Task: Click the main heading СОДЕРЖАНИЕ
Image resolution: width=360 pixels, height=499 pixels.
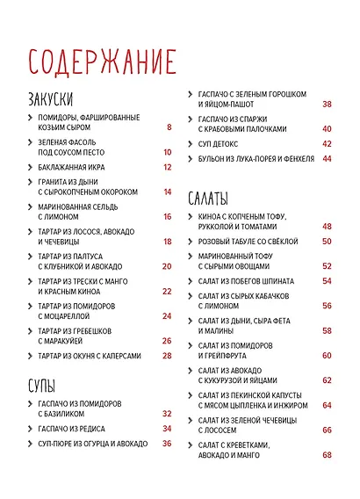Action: click(x=102, y=62)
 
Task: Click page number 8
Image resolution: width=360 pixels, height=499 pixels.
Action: click(x=169, y=128)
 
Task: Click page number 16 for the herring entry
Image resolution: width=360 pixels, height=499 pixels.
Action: click(x=167, y=216)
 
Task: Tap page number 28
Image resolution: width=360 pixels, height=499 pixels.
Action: click(x=167, y=356)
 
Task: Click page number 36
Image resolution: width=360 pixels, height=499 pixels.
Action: click(x=167, y=444)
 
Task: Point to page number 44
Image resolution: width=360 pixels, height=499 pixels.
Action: click(x=327, y=159)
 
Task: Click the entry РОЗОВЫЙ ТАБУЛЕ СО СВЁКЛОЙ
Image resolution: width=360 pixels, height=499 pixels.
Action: click(x=251, y=240)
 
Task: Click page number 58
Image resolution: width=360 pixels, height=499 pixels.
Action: click(x=327, y=330)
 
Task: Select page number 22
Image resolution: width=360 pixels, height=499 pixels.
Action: click(x=167, y=291)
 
